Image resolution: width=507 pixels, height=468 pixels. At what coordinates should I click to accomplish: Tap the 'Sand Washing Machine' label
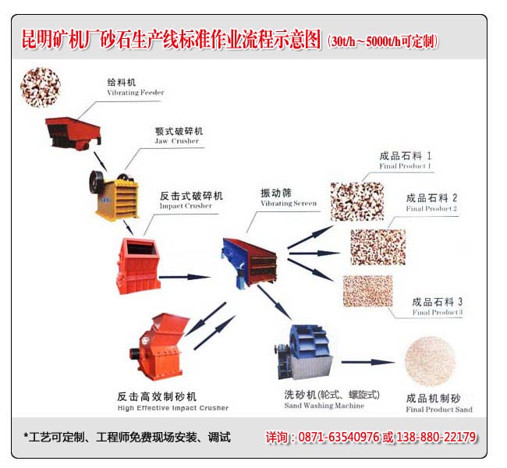324,406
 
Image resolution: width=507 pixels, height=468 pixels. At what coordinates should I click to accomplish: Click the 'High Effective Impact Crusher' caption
173,408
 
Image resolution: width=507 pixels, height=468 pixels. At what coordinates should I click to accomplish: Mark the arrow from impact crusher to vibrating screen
185,277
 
